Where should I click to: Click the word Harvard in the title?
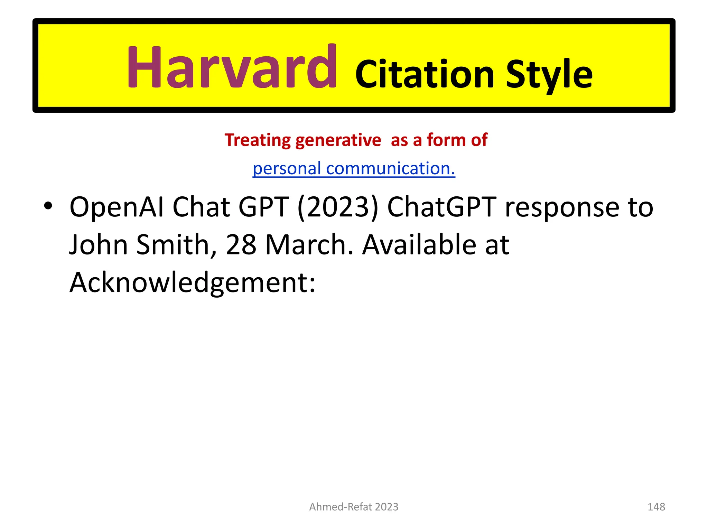(x=232, y=67)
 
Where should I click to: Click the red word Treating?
(x=258, y=140)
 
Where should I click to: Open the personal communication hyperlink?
(x=354, y=168)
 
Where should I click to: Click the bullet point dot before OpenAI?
(x=48, y=206)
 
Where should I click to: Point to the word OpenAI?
(x=116, y=207)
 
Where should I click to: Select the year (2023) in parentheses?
(x=338, y=207)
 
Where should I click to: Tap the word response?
(x=562, y=207)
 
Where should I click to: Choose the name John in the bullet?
(x=98, y=245)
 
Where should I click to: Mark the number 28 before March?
(x=241, y=245)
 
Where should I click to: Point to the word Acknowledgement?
(x=192, y=283)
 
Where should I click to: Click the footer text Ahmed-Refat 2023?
(x=354, y=507)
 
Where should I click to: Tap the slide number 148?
(x=656, y=507)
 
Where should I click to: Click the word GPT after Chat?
(x=263, y=207)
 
